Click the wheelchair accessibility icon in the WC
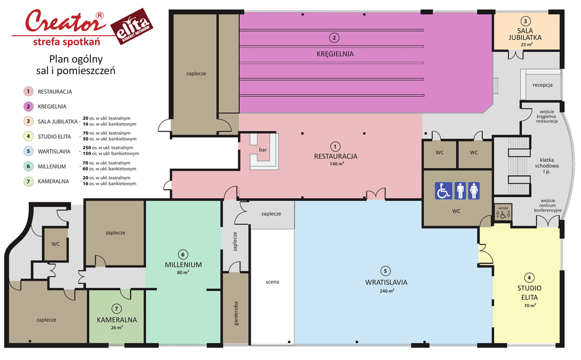[x=443, y=190]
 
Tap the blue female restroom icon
[x=474, y=190]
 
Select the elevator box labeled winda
[x=503, y=212]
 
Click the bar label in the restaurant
[x=263, y=150]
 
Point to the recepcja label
[x=542, y=85]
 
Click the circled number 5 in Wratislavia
[x=385, y=271]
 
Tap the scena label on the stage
[x=272, y=282]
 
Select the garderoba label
[x=236, y=314]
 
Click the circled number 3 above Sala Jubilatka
[x=525, y=21]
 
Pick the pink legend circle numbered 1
[x=28, y=91]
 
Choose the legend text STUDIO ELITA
[x=54, y=137]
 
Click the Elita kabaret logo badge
[x=132, y=27]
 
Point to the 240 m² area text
[x=386, y=291]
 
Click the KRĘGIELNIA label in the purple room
[x=335, y=54]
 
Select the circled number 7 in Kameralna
[x=116, y=309]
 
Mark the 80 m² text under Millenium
[x=183, y=273]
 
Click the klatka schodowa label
[x=546, y=166]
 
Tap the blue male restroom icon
[x=460, y=190]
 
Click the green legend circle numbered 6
[x=28, y=166]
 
